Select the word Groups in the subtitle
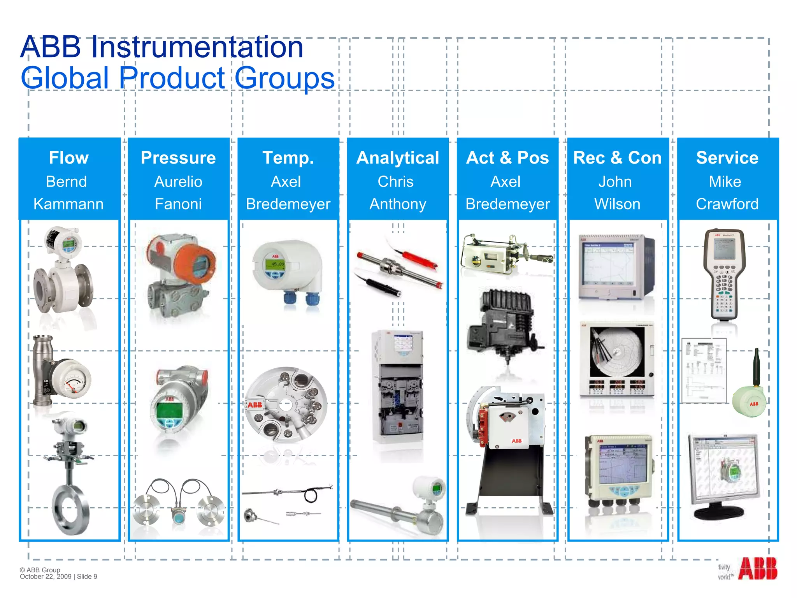[x=285, y=78]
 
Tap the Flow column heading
[x=69, y=158]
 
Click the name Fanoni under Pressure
[x=178, y=204]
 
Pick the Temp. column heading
[x=288, y=158]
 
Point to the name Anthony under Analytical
[x=398, y=204]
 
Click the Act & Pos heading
[x=507, y=158]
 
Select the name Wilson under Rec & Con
[x=617, y=204]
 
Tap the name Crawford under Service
[x=727, y=204]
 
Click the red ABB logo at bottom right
[x=757, y=569]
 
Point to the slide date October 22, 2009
[x=46, y=577]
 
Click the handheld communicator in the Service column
[x=724, y=274]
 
